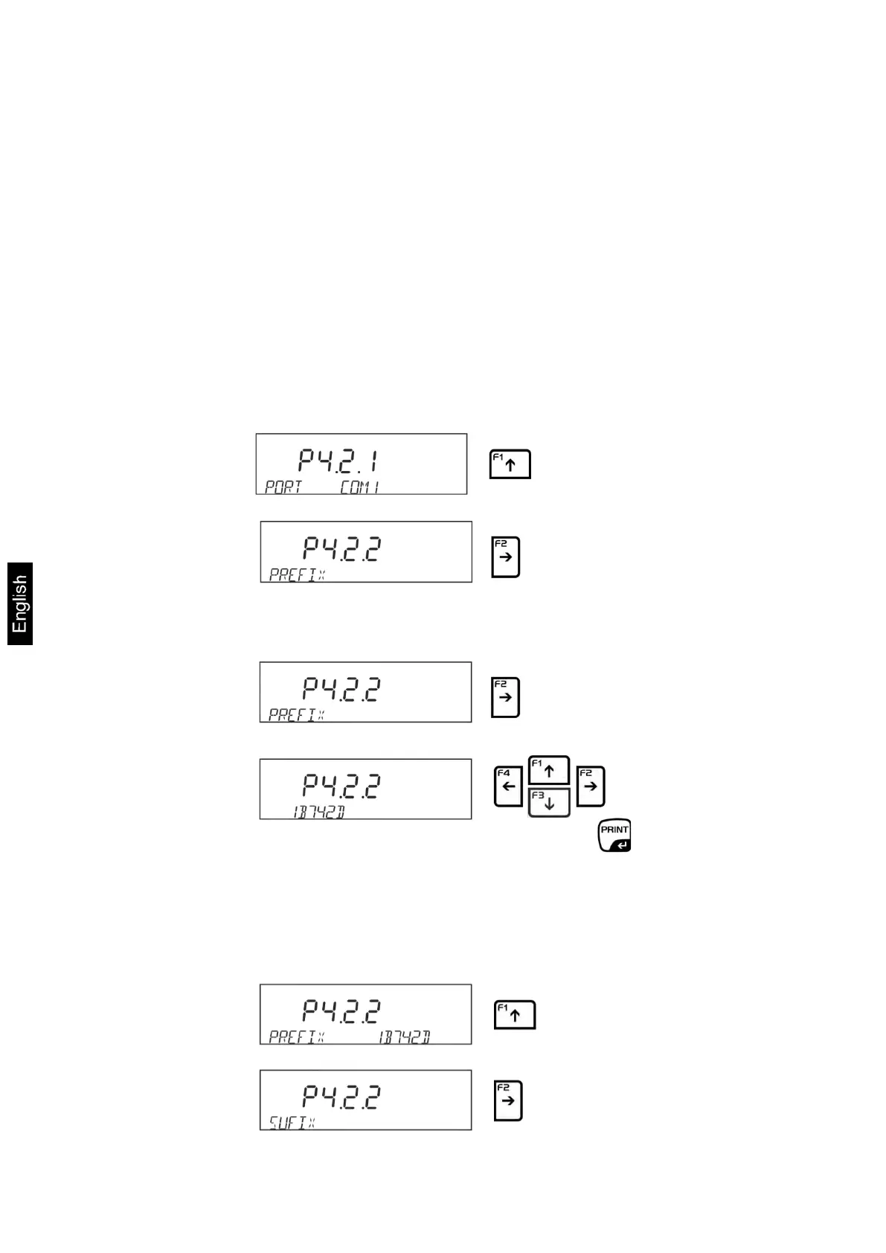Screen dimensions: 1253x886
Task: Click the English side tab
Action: click(x=20, y=603)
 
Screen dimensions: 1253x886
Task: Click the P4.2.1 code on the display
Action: click(x=338, y=461)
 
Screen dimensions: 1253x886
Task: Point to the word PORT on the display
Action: click(x=283, y=487)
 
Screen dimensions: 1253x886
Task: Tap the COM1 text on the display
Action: click(x=360, y=487)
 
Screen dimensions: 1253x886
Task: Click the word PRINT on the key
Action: click(x=614, y=830)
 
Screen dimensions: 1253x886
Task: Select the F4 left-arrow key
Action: click(x=508, y=786)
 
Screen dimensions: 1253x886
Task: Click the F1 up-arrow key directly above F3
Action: click(x=549, y=770)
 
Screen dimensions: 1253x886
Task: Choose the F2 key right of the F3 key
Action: click(x=591, y=786)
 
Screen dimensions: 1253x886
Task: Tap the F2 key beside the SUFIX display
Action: click(x=508, y=1100)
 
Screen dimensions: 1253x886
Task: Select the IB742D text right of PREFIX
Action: click(x=404, y=1036)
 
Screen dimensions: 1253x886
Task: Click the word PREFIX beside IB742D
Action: click(x=296, y=1036)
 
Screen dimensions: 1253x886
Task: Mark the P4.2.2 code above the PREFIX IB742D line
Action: click(x=341, y=1010)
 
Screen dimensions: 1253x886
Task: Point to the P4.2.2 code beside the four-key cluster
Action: click(x=341, y=785)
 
